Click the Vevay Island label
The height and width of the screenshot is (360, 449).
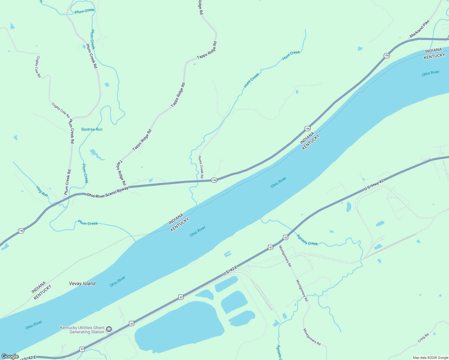82,283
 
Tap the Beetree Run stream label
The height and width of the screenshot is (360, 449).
92,129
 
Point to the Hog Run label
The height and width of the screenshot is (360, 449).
42,191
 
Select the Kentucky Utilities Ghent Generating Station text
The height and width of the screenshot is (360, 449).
82,330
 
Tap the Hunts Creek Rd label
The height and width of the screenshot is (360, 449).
201,167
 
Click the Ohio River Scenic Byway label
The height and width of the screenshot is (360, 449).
107,192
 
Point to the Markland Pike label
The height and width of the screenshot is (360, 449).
420,29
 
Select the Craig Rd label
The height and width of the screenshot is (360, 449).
423,338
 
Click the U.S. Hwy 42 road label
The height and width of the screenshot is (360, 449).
374,185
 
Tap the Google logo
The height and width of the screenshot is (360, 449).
10,356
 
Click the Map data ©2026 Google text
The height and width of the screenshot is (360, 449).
430,358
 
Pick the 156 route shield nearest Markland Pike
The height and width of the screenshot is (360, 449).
387,55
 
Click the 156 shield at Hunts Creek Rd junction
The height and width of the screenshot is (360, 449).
214,180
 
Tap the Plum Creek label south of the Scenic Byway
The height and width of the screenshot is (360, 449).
88,223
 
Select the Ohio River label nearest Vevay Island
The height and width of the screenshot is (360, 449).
117,281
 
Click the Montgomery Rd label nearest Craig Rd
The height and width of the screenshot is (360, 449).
312,337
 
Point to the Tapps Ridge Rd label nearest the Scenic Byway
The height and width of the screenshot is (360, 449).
121,172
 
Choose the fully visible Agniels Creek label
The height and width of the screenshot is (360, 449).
307,240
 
